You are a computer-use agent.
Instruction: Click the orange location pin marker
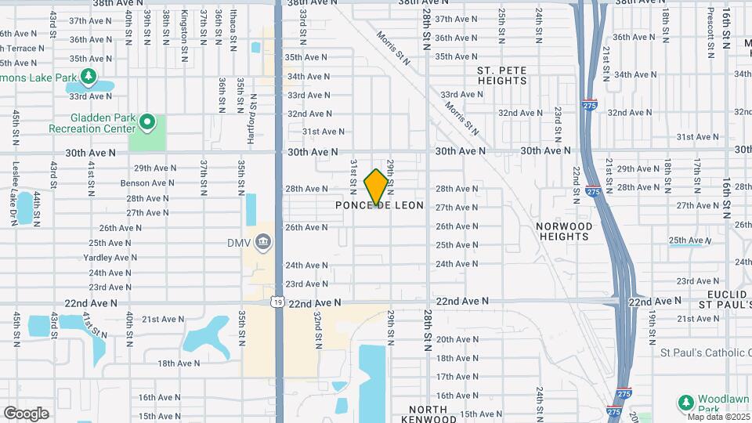[x=377, y=186]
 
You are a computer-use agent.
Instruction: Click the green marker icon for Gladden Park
[x=147, y=123]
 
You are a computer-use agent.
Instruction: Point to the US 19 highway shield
[x=278, y=301]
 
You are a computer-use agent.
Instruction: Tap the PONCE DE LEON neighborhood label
[x=379, y=205]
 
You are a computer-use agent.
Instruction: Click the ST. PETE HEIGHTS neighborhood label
[x=502, y=75]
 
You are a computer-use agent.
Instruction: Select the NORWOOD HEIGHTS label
[x=564, y=231]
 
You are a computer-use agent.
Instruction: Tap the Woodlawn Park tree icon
[x=685, y=403]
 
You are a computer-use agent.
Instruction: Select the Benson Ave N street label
[x=147, y=183]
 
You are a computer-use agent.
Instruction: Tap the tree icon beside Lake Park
[x=89, y=76]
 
